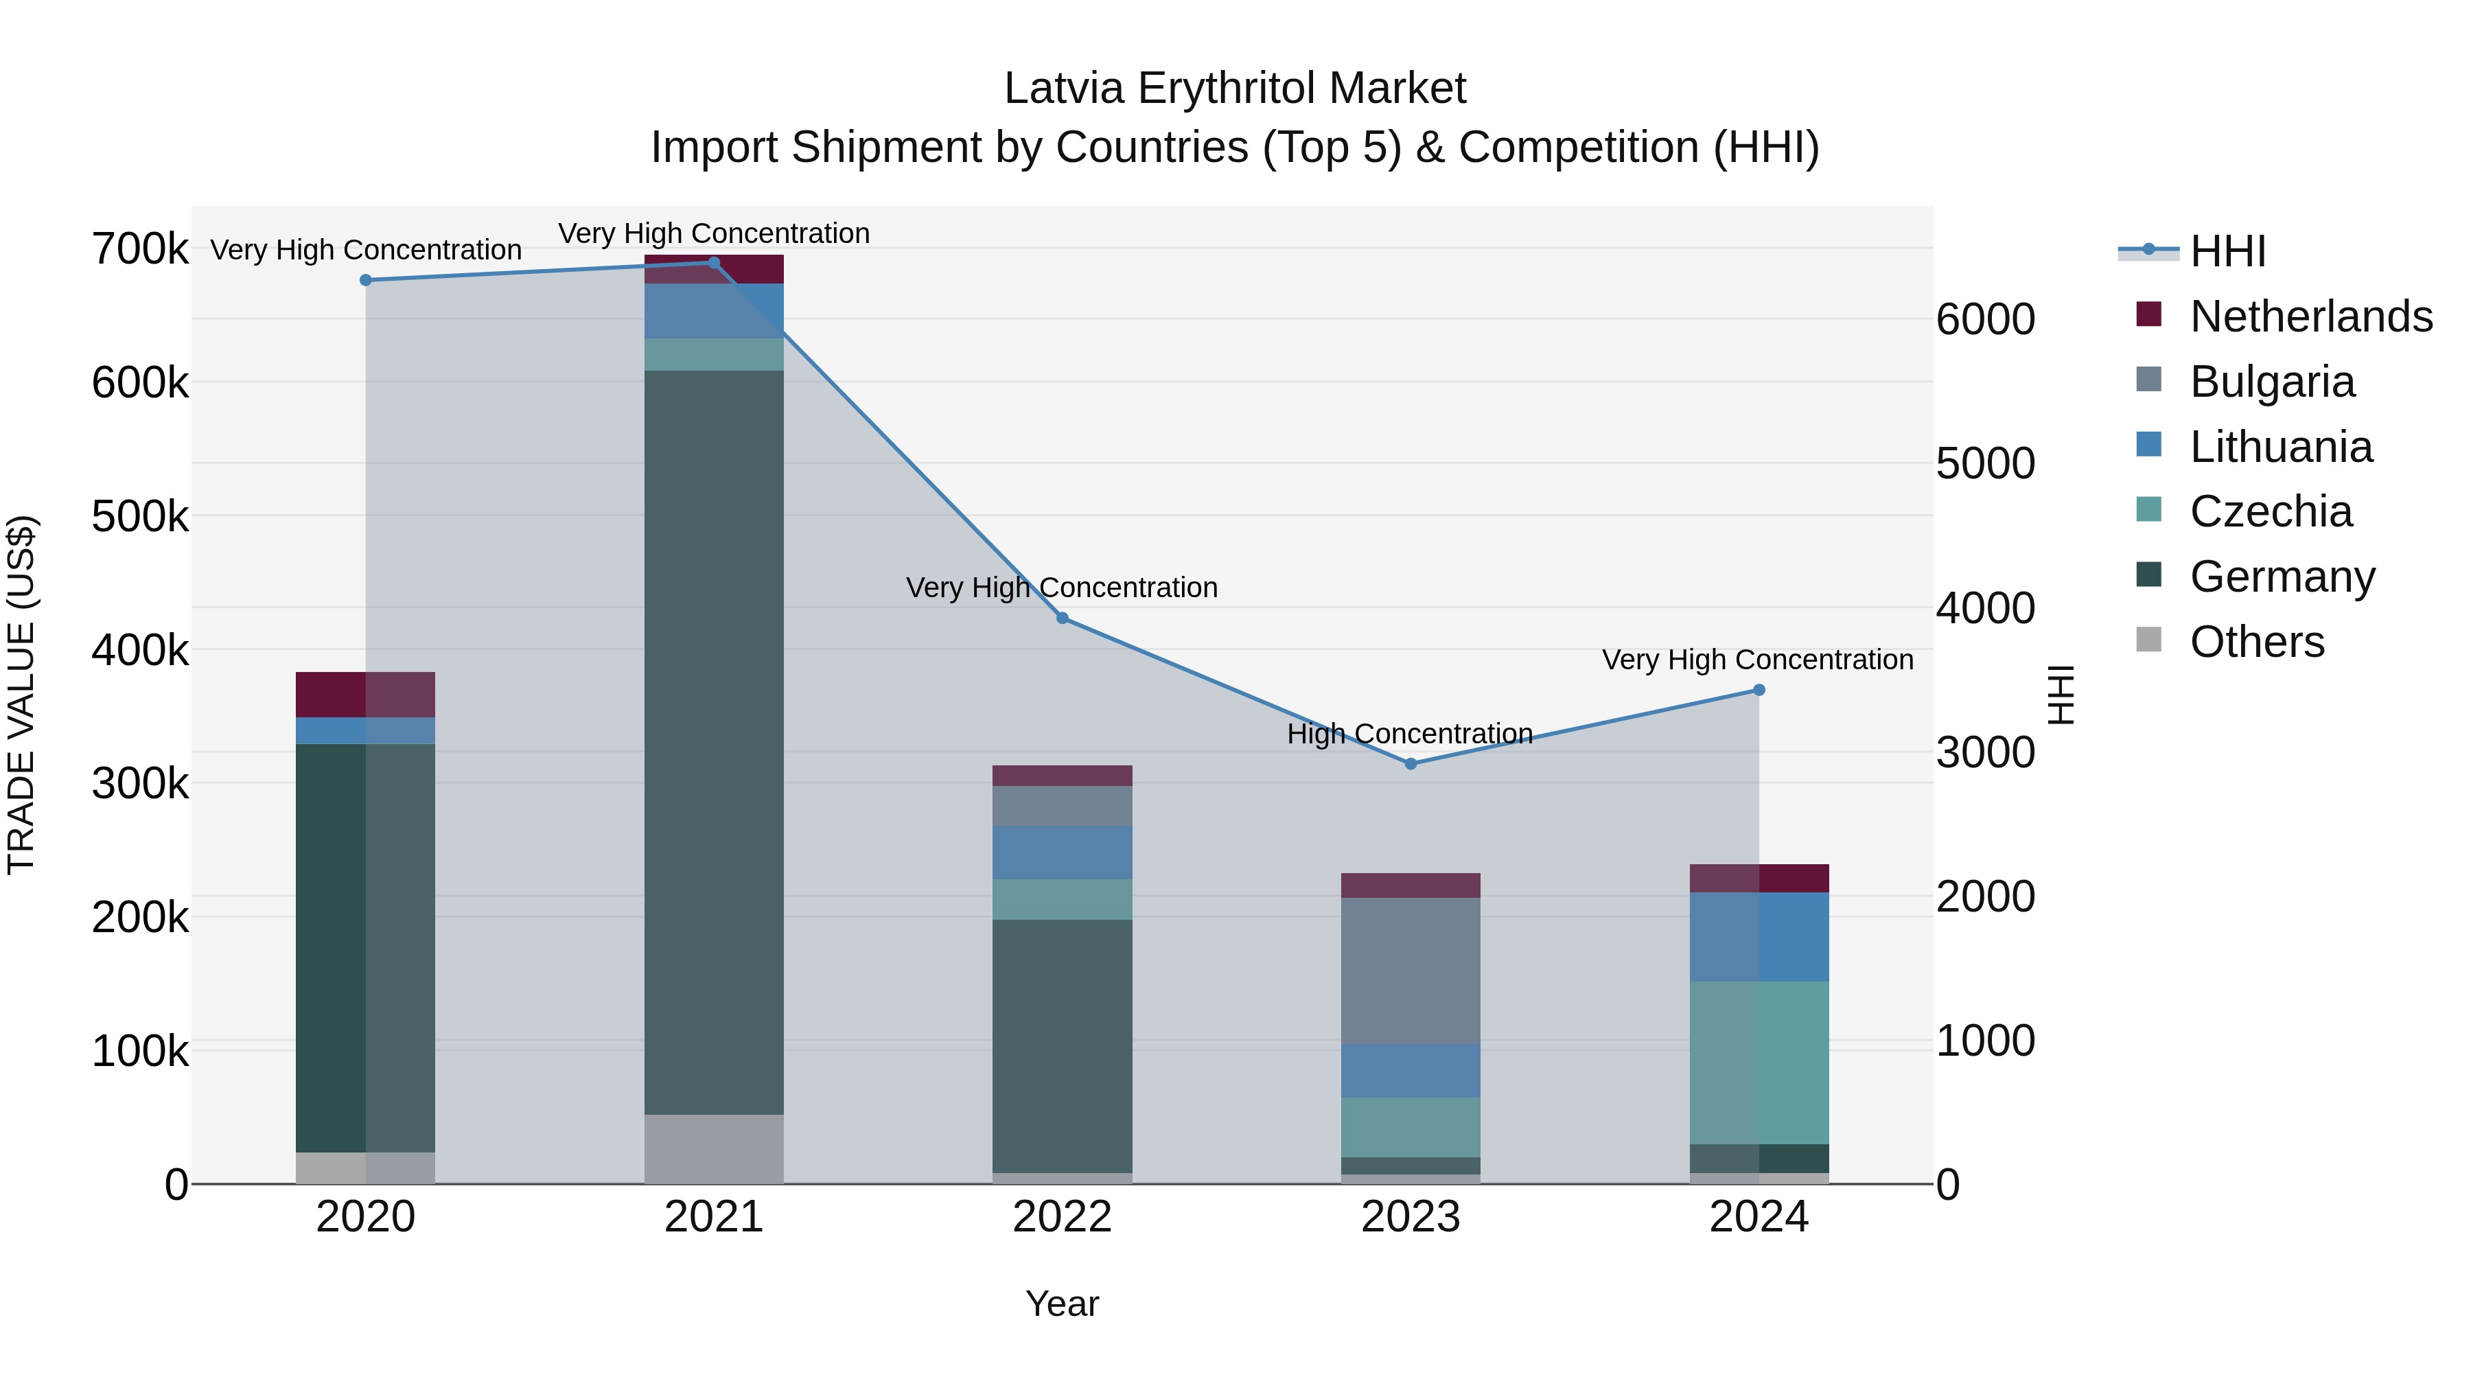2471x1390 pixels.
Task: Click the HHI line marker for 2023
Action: tap(1410, 763)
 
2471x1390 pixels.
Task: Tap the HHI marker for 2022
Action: tap(1062, 618)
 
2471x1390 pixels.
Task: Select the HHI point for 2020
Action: tap(365, 280)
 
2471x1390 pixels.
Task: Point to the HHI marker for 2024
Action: tap(1759, 690)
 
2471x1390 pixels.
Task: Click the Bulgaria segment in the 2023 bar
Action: tap(1410, 970)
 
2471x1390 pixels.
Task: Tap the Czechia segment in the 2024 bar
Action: tap(1759, 1062)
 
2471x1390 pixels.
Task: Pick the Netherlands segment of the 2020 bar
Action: tap(365, 695)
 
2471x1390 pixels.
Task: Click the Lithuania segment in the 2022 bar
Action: tap(1062, 852)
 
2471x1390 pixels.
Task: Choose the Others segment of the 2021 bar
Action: tap(714, 1148)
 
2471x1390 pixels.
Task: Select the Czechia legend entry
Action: tap(2271, 511)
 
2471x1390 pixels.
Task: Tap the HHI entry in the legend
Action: tap(2227, 251)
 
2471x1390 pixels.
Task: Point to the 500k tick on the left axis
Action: tap(140, 517)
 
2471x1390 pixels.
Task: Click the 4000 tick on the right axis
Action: tap(1984, 608)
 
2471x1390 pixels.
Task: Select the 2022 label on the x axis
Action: tap(1062, 1217)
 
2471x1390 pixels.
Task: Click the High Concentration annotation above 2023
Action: tap(1410, 734)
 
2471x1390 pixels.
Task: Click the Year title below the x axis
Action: tap(1062, 1304)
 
